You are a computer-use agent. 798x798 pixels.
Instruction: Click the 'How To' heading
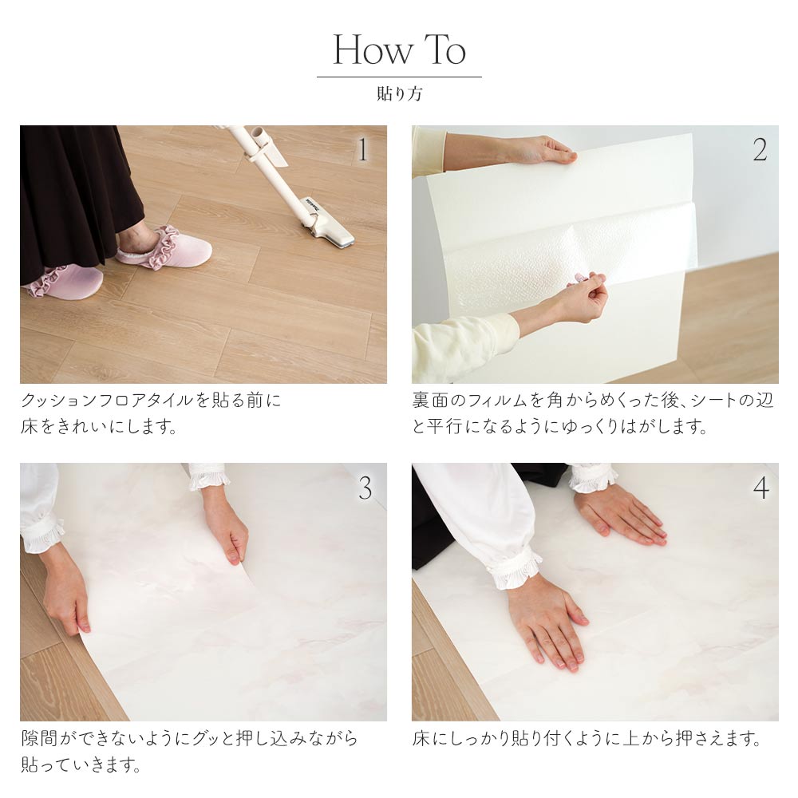(x=399, y=49)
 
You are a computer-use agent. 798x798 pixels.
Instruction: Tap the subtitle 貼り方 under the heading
(x=400, y=93)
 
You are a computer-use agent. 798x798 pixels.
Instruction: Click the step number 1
(x=362, y=150)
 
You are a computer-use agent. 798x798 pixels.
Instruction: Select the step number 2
(x=760, y=150)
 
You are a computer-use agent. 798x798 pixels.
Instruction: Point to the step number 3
(x=365, y=488)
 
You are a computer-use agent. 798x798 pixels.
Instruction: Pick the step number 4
(x=760, y=488)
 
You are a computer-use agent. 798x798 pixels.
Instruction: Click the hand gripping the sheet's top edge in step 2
(x=539, y=151)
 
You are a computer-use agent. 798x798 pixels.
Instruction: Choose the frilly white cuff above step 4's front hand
(x=515, y=570)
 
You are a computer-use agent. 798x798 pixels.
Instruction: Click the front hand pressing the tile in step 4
(x=547, y=623)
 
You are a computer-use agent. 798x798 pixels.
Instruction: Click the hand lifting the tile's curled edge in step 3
(x=227, y=527)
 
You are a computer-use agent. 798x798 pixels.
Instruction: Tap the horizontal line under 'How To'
(x=399, y=77)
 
